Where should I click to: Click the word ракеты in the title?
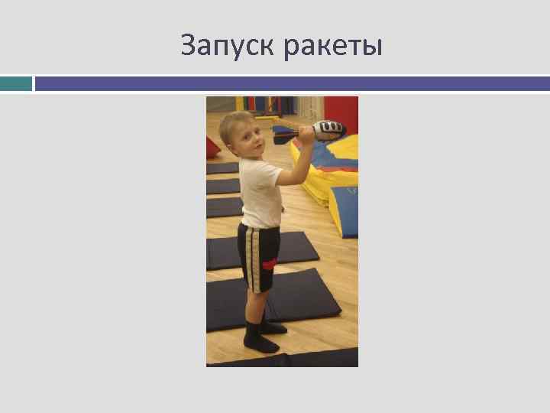pos(332,47)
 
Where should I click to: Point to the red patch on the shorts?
pos(270,264)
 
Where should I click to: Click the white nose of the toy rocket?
pos(335,128)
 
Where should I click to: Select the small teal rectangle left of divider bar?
pos(16,83)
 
